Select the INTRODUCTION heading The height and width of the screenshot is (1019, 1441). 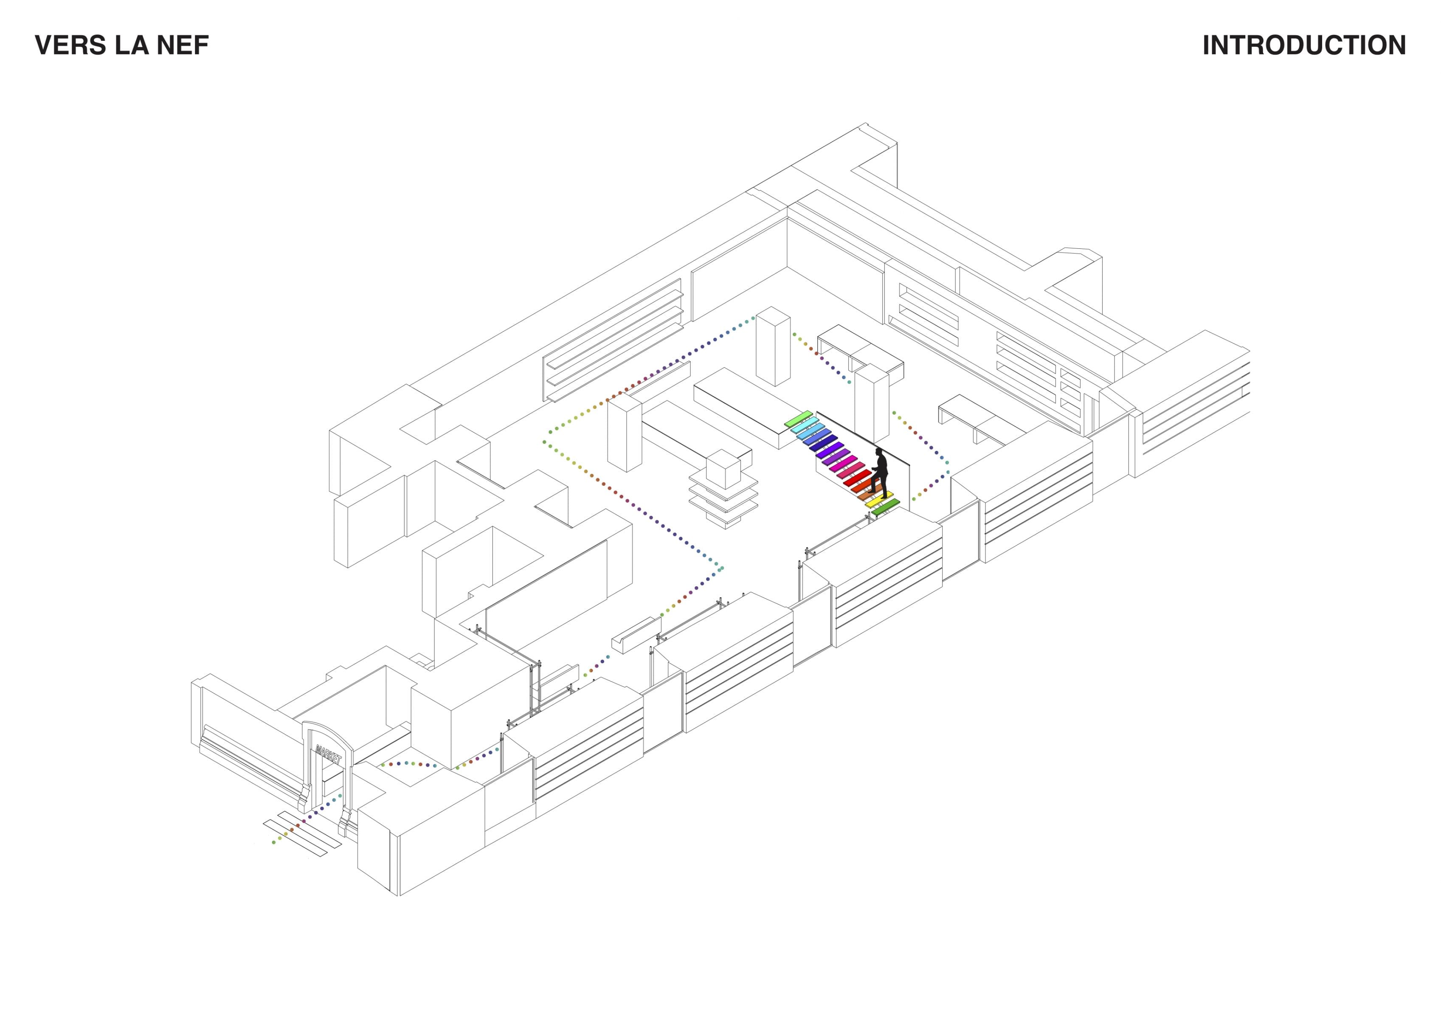point(1304,45)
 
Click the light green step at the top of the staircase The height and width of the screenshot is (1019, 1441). point(799,419)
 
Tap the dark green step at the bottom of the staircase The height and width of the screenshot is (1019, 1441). point(886,507)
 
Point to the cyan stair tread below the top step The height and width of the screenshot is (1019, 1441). point(806,426)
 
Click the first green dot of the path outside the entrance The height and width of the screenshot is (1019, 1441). point(274,842)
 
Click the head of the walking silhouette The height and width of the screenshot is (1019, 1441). point(879,451)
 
